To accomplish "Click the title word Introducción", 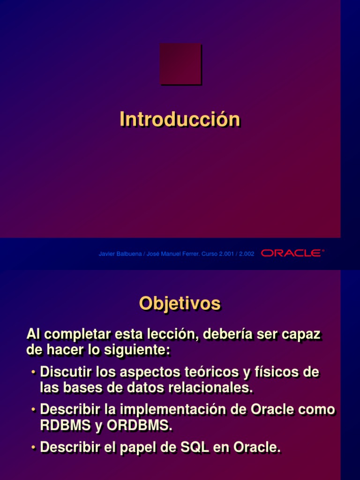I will point(180,119).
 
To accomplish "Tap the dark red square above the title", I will point(180,64).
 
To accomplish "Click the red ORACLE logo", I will point(292,253).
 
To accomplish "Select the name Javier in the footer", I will point(107,254).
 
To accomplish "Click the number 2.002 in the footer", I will point(247,254).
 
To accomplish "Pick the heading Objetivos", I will point(180,304).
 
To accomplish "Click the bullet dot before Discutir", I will point(34,373).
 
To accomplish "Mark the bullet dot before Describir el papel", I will point(34,448).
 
